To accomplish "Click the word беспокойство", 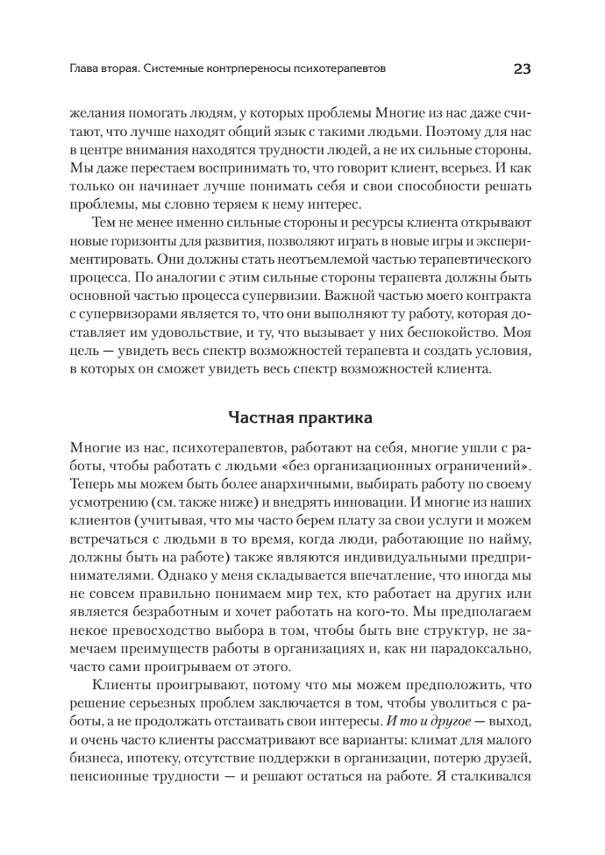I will pyautogui.click(x=457, y=331).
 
